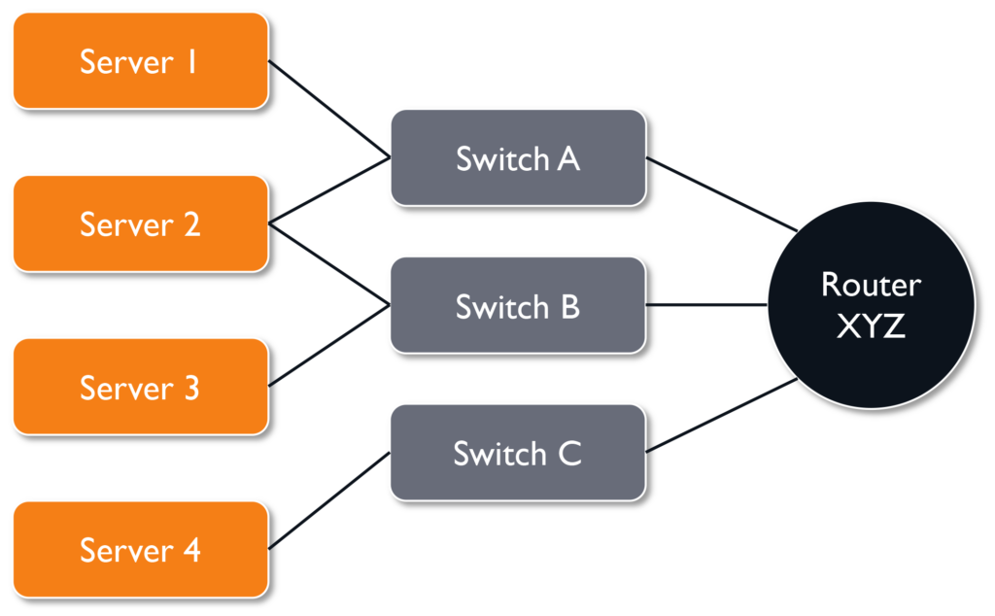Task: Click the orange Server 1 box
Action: [x=140, y=61]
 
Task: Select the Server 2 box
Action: [x=140, y=224]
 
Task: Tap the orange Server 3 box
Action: [x=140, y=388]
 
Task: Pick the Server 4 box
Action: [x=140, y=550]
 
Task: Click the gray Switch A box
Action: [x=518, y=158]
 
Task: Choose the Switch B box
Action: [x=518, y=306]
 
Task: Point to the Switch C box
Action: [x=518, y=454]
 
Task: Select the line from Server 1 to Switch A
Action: [x=328, y=110]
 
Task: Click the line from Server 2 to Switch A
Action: [x=328, y=191]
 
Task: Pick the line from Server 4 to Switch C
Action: [x=328, y=500]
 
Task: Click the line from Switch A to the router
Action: [x=721, y=194]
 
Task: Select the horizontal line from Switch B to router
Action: [x=706, y=305]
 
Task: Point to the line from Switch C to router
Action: [x=721, y=416]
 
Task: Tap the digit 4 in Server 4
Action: [x=190, y=551]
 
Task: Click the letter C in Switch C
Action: [x=569, y=454]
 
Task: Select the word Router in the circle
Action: [x=871, y=285]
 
